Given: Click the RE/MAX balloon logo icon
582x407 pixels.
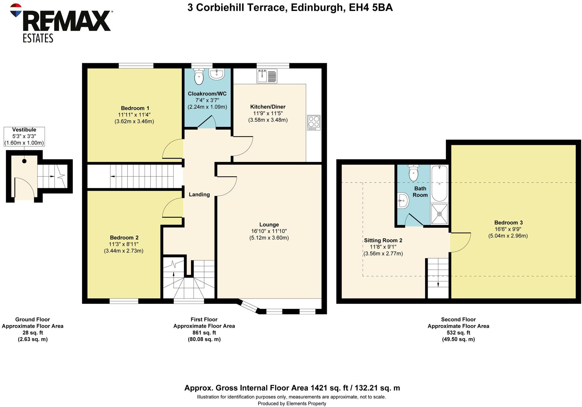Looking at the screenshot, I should [16, 10].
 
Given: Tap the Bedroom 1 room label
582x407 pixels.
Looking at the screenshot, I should [135, 108].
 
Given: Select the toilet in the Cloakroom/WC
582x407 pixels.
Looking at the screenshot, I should [199, 77].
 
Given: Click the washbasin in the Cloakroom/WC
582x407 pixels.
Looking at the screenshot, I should [217, 74].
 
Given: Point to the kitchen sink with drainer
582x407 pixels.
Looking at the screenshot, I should [267, 76].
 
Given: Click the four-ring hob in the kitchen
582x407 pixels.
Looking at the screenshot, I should [314, 123].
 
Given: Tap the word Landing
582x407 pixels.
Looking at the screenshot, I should [199, 195].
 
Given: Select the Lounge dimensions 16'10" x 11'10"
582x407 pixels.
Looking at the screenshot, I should [269, 231].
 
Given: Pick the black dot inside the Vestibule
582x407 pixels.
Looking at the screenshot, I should [24, 161].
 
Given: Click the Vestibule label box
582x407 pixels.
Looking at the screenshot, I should [24, 136].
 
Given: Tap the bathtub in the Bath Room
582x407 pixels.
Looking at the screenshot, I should [439, 183].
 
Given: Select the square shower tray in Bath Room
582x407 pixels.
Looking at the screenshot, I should [439, 214].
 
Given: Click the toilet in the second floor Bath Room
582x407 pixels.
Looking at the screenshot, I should [413, 173].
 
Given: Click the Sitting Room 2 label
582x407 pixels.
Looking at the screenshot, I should [383, 240].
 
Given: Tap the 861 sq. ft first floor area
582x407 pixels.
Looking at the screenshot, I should [204, 333].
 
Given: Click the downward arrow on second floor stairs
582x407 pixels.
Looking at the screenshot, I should [438, 284].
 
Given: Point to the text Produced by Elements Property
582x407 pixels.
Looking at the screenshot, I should [292, 403].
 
